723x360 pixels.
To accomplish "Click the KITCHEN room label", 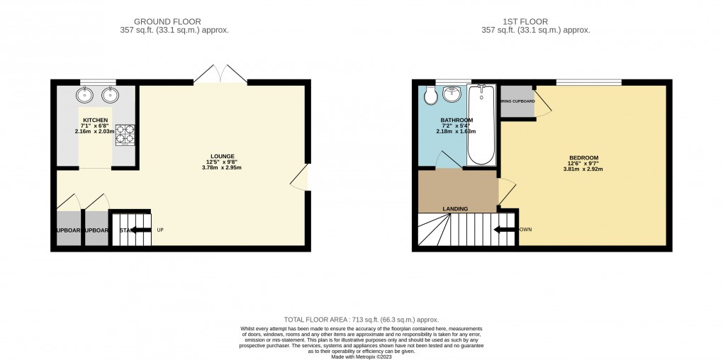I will [95, 120].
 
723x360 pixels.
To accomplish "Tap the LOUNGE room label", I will [222, 156].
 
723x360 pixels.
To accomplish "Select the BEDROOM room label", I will [584, 157].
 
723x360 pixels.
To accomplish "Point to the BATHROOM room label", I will [456, 120].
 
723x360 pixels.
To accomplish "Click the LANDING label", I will [454, 208].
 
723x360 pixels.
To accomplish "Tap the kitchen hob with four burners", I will [125, 134].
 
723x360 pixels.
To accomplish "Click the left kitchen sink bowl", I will [86, 94].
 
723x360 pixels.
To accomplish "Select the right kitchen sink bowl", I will [109, 94].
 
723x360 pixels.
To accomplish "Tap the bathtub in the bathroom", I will [483, 124].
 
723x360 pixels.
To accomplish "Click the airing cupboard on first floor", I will [517, 101].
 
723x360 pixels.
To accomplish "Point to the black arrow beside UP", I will [140, 230].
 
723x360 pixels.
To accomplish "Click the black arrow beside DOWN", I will [505, 229].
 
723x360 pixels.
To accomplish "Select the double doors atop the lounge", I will [220, 74].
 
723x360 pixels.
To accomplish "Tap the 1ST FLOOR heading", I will [535, 21].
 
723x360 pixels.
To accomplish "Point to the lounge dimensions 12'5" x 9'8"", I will [222, 162].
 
